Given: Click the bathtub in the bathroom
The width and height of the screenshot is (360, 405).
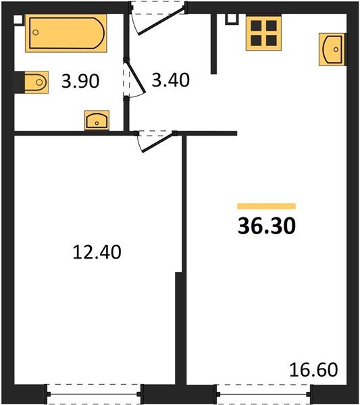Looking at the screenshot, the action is (x=66, y=33).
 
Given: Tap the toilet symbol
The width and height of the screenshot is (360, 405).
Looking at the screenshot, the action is (x=36, y=82).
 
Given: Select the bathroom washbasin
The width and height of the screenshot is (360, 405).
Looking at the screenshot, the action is (x=97, y=120).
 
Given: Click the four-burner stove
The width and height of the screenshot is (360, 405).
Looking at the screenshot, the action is (x=263, y=33).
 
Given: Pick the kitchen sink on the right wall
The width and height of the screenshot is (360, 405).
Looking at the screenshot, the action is (x=332, y=49).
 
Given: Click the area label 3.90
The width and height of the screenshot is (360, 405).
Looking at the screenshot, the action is (x=80, y=81).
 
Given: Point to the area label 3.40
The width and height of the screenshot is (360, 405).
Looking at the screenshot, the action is (x=171, y=80).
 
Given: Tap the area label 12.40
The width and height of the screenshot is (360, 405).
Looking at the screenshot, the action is (x=97, y=252).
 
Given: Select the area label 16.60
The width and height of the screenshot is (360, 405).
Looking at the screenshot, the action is (x=313, y=370).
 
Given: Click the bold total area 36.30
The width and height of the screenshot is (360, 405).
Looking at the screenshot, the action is (x=267, y=225).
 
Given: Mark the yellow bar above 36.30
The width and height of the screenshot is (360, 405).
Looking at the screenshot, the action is (x=266, y=206).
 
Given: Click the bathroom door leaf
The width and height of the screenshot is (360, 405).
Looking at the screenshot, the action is (x=136, y=77).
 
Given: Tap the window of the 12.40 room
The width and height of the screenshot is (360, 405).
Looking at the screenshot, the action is (x=94, y=394).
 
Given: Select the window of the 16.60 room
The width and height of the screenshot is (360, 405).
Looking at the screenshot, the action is (x=263, y=394).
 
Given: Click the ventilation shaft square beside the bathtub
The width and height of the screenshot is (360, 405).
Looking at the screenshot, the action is (x=18, y=20).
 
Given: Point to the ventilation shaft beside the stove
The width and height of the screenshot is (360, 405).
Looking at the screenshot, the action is (x=232, y=19).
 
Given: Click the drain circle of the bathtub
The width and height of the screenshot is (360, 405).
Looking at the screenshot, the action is (x=36, y=32).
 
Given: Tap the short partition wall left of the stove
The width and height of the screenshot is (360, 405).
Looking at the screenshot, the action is (x=213, y=44).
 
